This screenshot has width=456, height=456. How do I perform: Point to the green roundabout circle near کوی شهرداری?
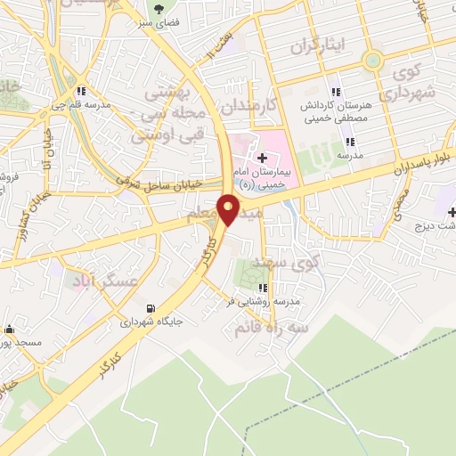coord(372,61)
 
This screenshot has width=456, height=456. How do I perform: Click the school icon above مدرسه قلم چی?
coord(81,91)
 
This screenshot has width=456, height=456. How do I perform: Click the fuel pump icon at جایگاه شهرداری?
coord(161,302)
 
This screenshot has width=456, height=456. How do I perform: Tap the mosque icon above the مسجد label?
coord(8,329)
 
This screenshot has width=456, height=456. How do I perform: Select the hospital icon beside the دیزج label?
coord(452,212)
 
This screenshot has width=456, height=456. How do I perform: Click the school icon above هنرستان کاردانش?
coord(336,91)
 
